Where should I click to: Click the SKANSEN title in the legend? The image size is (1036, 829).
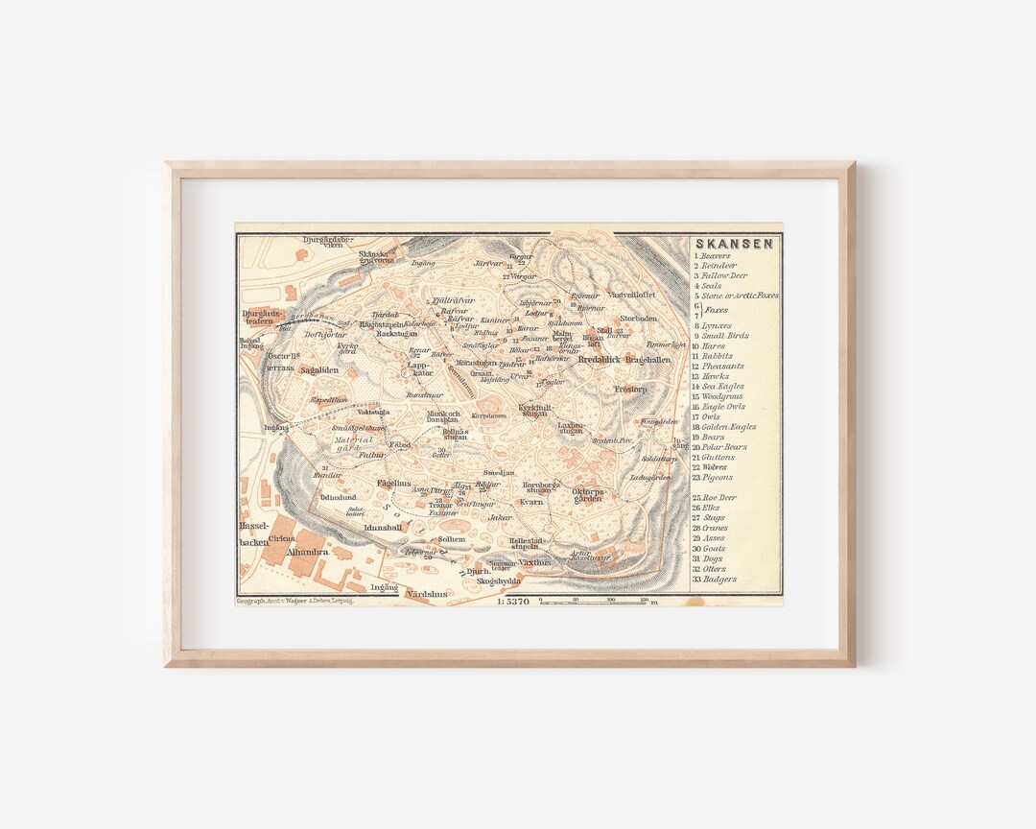(735, 244)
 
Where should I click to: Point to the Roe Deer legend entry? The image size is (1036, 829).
(719, 498)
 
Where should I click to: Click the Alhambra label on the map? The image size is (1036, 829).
(309, 553)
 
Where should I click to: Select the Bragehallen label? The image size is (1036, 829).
(648, 360)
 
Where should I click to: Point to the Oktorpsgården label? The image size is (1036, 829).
(588, 495)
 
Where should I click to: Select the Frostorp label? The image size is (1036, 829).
(630, 390)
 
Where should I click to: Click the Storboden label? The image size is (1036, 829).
(639, 318)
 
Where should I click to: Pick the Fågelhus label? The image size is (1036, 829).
(393, 483)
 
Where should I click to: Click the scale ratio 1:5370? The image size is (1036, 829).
(513, 602)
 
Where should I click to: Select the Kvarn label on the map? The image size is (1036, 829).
(531, 501)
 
